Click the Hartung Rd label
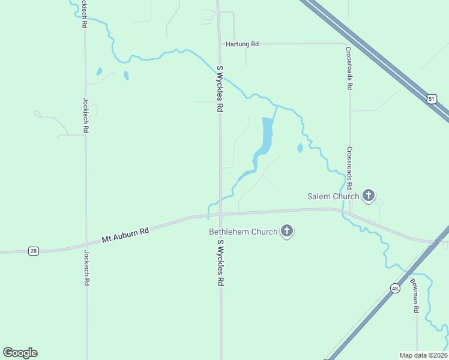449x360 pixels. click(242, 44)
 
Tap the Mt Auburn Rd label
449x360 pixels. click(125, 234)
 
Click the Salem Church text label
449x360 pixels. click(333, 196)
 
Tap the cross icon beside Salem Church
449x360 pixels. click(369, 196)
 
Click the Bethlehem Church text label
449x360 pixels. click(243, 232)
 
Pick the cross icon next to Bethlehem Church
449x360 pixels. click(287, 231)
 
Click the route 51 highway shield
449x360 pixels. click(432, 99)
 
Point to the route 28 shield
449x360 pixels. click(34, 251)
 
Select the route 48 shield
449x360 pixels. click(394, 289)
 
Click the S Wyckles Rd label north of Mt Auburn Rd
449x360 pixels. click(220, 89)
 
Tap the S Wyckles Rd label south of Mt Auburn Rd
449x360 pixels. click(220, 263)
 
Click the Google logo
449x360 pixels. click(20, 353)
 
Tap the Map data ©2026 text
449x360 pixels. click(423, 355)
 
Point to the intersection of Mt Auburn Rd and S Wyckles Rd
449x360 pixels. click(220, 214)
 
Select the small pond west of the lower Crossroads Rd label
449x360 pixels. click(300, 148)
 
